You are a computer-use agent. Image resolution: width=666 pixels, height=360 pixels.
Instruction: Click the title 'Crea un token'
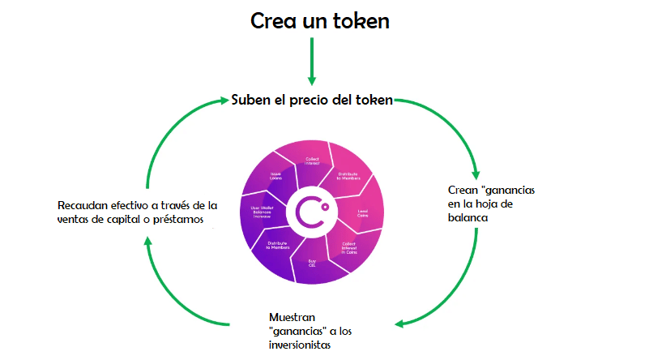pos(319,20)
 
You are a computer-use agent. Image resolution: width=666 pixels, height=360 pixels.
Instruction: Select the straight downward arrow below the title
pos(311,60)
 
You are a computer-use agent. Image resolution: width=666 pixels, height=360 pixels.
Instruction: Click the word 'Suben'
pos(252,100)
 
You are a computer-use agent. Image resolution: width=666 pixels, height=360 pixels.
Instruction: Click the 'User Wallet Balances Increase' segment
pos(260,213)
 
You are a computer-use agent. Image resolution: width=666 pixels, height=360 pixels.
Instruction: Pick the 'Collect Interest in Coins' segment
pos(349,247)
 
